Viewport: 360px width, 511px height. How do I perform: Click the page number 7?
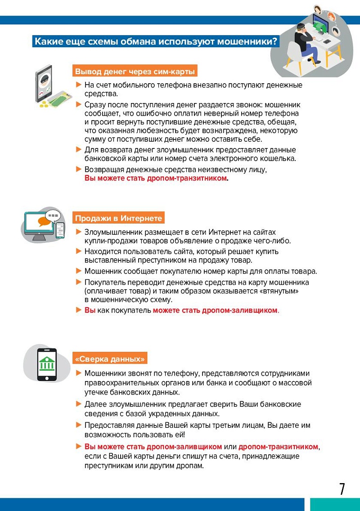tap(342, 489)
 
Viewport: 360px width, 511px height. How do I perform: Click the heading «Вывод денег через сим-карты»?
tap(135, 72)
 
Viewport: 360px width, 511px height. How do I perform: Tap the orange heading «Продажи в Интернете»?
tap(118, 218)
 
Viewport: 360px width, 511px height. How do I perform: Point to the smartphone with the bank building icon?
tap(46, 364)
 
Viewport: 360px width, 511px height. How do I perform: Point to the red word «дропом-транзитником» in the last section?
tap(278, 447)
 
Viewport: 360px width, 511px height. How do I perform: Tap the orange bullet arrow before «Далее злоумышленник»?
tap(79, 404)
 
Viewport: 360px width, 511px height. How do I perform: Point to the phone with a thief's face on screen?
tap(44, 84)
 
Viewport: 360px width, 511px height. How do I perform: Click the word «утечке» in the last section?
tap(96, 392)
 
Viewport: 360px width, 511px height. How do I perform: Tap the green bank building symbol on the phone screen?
tap(46, 362)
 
